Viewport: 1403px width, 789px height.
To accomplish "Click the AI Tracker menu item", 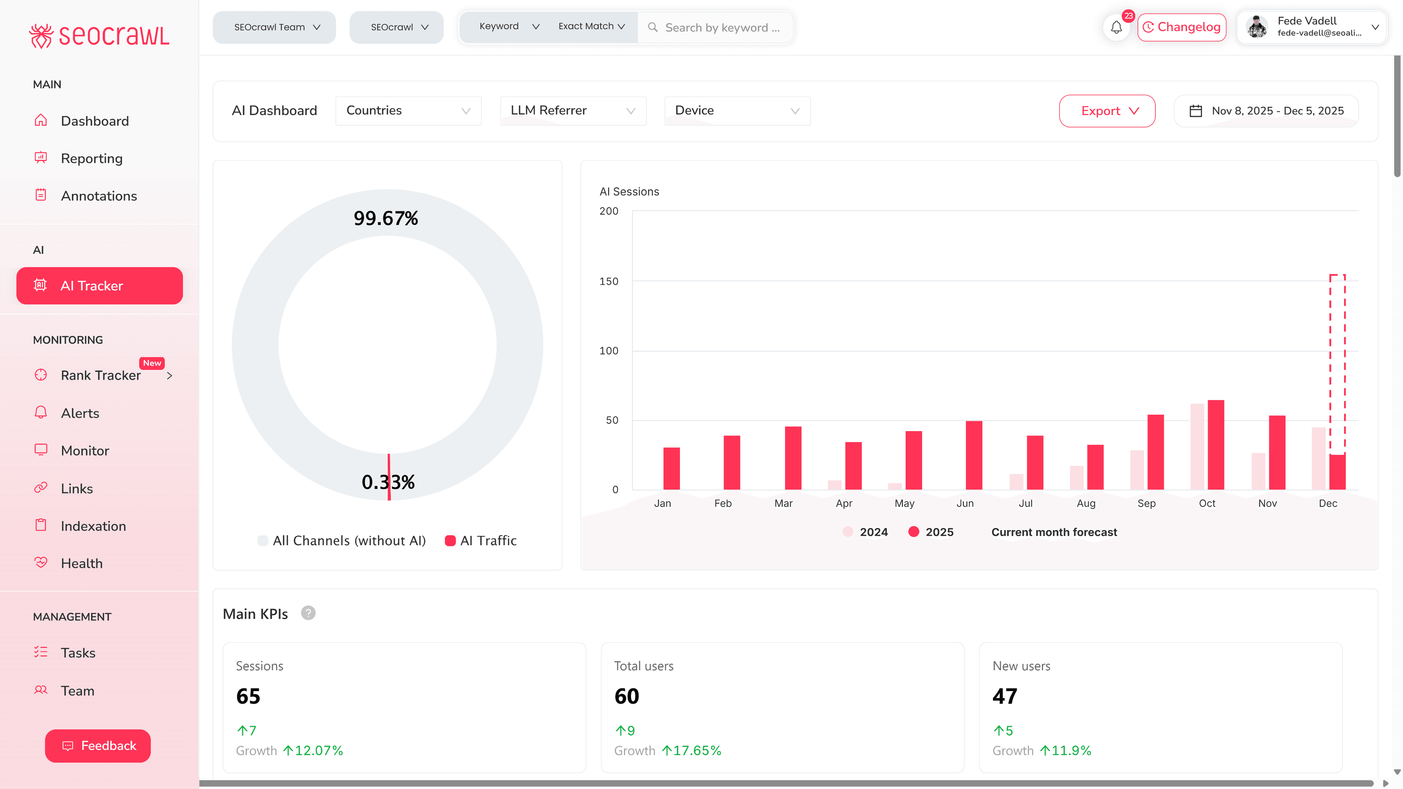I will [99, 286].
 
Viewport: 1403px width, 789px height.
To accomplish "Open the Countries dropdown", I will [408, 111].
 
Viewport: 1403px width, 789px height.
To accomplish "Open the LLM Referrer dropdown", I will [573, 111].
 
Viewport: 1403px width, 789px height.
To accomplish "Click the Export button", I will [1107, 111].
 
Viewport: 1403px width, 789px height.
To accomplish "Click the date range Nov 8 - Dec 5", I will [1266, 111].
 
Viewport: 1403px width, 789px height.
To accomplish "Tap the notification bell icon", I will [1116, 27].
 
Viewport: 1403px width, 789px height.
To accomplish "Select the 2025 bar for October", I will [1216, 445].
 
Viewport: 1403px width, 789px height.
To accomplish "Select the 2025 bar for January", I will [671, 468].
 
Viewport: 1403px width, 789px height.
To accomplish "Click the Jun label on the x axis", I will [965, 503].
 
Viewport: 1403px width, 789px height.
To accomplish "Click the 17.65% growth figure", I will [697, 751].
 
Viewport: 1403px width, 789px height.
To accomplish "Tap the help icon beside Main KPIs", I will [308, 613].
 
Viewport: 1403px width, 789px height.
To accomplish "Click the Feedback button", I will [98, 746].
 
